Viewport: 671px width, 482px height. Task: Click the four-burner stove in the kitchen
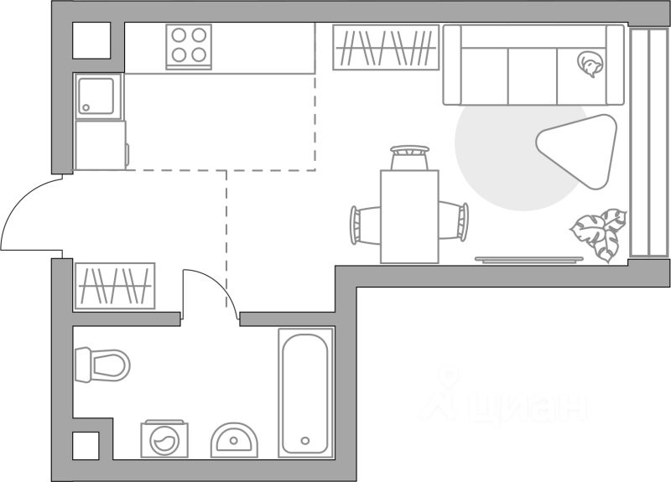pyautogui.click(x=189, y=45)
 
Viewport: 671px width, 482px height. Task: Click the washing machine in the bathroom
pyautogui.click(x=165, y=439)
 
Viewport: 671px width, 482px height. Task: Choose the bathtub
pyautogui.click(x=305, y=391)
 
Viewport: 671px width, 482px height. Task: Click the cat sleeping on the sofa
pyautogui.click(x=590, y=63)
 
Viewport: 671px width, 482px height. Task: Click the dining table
pyautogui.click(x=409, y=216)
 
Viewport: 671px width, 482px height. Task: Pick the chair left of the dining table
pyautogui.click(x=365, y=223)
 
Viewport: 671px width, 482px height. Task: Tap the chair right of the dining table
pyautogui.click(x=454, y=221)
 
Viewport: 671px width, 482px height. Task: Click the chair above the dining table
pyautogui.click(x=409, y=157)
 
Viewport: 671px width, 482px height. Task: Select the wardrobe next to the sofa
pyautogui.click(x=386, y=47)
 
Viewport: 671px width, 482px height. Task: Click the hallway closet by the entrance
pyautogui.click(x=115, y=285)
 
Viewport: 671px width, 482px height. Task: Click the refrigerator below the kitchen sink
pyautogui.click(x=100, y=145)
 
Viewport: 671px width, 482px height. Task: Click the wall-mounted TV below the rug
pyautogui.click(x=528, y=259)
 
